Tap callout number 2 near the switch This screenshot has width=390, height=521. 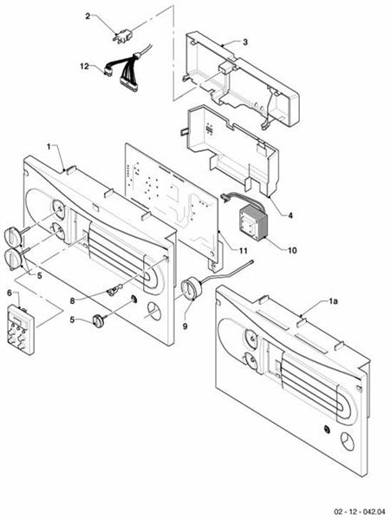pos(88,16)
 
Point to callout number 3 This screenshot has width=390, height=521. pos(245,41)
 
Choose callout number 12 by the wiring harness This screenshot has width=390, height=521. pos(84,66)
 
